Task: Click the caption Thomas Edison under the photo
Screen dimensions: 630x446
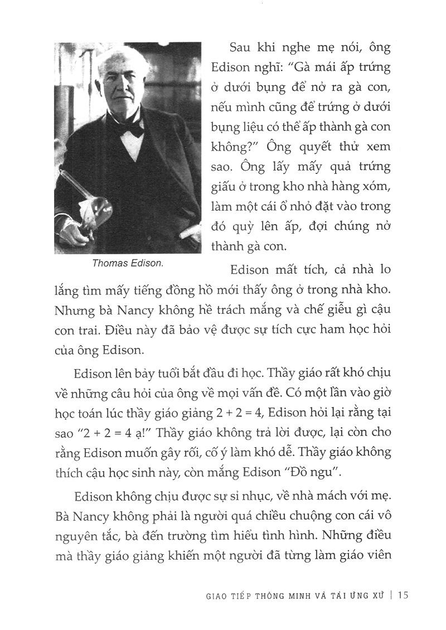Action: [x=128, y=264]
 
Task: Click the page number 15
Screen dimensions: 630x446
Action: [x=404, y=595]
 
